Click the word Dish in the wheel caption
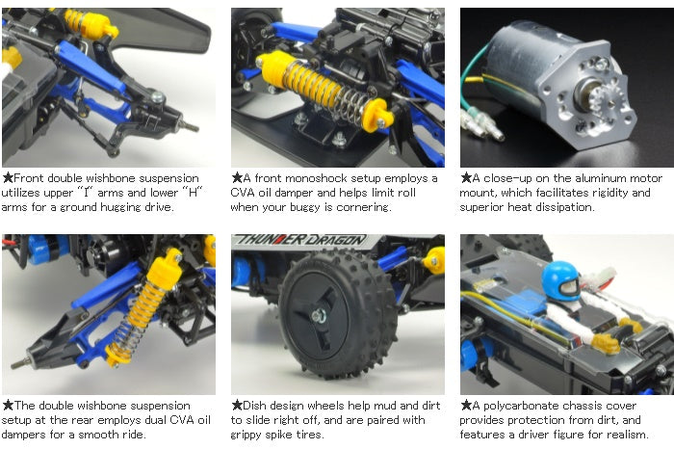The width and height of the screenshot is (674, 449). pos(259,406)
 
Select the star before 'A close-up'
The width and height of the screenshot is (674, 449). pos(465,178)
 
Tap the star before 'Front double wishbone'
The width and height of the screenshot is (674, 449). pos(8,178)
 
